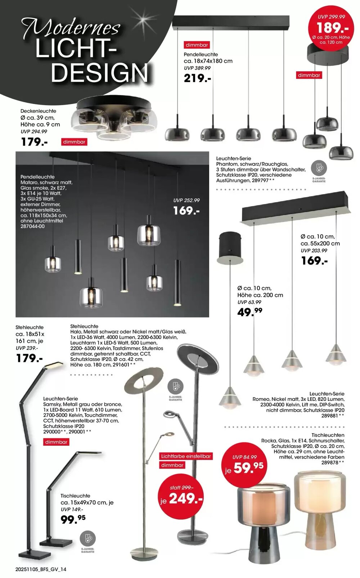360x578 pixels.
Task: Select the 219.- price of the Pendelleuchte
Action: click(x=197, y=78)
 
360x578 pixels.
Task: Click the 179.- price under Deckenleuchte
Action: click(x=34, y=142)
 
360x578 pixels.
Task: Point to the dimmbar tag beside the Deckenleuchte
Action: click(x=74, y=142)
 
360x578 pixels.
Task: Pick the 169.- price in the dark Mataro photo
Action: click(x=186, y=210)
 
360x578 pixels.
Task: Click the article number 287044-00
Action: click(x=33, y=227)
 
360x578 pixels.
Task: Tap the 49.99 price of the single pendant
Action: click(x=249, y=312)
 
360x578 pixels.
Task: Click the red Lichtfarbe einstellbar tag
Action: click(x=186, y=456)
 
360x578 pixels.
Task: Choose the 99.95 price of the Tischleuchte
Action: click(x=73, y=519)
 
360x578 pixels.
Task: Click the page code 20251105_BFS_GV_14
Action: click(x=41, y=569)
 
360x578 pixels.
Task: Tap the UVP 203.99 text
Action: click(x=314, y=251)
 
